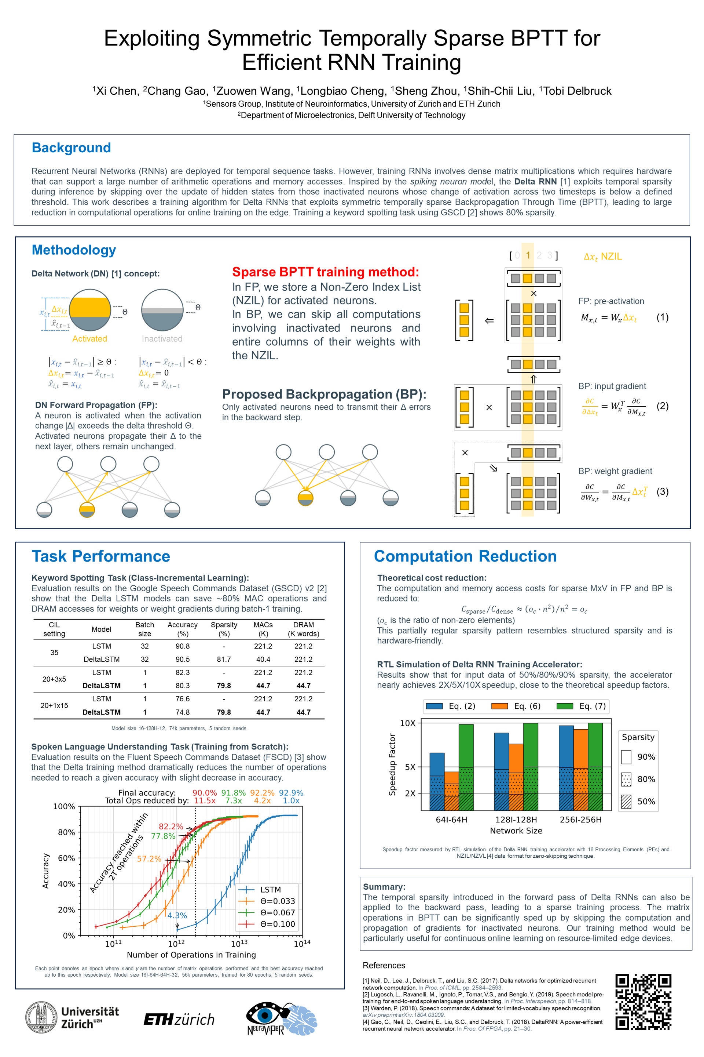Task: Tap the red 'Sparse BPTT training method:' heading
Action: [x=325, y=272]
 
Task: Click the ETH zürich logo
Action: [x=179, y=1019]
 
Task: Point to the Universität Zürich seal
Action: [x=41, y=1017]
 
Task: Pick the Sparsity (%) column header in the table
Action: [x=224, y=629]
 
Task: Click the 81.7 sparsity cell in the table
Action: [x=224, y=659]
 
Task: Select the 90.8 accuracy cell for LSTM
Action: [x=182, y=646]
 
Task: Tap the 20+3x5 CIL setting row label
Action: [x=54, y=679]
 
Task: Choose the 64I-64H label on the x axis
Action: [x=451, y=820]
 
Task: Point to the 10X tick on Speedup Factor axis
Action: [x=407, y=723]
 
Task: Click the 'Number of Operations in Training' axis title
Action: [x=191, y=955]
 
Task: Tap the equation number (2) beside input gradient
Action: [x=662, y=406]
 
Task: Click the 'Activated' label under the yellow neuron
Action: [x=89, y=339]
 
